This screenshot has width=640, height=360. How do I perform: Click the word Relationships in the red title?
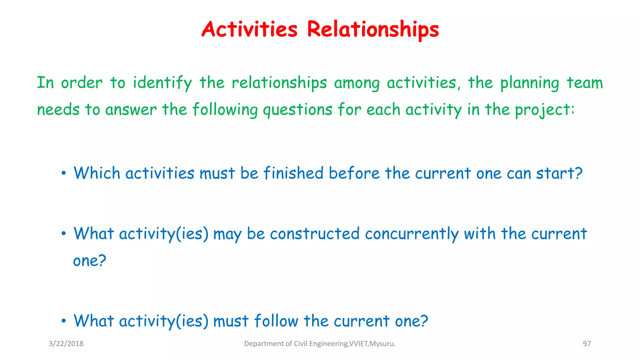373,30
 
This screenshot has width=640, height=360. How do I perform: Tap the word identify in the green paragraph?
162,83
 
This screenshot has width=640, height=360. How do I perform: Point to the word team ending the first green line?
585,83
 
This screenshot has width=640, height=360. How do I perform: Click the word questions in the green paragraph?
297,110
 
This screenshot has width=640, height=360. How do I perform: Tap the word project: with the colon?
545,110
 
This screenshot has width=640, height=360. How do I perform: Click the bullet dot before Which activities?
64,173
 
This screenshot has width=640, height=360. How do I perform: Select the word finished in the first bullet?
293,173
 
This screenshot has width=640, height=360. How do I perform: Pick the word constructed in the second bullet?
315,234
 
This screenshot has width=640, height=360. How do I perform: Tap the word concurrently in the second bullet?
412,234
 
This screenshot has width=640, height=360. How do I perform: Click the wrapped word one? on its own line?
90,261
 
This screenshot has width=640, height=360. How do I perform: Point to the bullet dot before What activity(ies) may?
64,234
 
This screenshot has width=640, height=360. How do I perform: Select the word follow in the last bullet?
276,321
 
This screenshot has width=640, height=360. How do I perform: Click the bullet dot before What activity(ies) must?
64,321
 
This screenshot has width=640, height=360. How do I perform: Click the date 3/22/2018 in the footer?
66,344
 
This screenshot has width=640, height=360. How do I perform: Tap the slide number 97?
587,344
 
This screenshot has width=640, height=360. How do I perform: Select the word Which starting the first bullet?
97,173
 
